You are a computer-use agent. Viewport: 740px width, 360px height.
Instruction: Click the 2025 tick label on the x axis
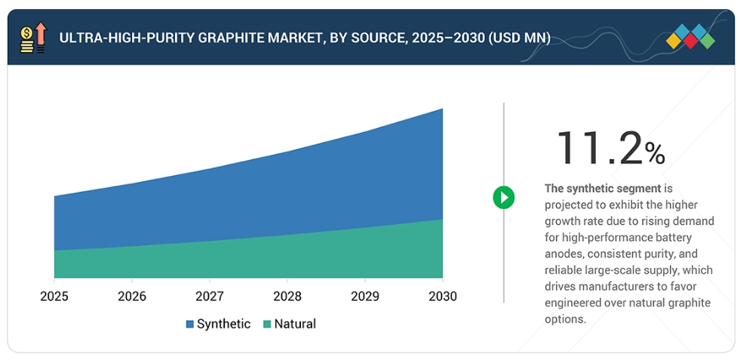[x=54, y=297]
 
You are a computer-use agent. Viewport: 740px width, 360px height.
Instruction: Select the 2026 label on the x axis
[x=131, y=297]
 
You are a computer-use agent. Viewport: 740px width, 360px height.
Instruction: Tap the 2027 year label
[x=209, y=297]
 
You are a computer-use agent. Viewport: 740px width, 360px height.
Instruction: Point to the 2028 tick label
[x=287, y=297]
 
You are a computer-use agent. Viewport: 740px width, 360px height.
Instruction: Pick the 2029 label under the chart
[x=365, y=297]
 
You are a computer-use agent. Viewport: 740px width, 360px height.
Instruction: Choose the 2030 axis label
[x=443, y=297]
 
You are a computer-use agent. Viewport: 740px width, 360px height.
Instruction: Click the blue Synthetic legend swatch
[x=190, y=325]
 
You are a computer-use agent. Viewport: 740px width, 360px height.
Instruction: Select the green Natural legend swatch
[x=267, y=325]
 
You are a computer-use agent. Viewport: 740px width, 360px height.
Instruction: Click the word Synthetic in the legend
[x=223, y=325]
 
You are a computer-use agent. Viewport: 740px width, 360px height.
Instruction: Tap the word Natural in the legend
[x=295, y=325]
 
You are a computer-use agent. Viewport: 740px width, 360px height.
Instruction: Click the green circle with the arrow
[x=503, y=198]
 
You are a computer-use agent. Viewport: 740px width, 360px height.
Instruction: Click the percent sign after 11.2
[x=655, y=154]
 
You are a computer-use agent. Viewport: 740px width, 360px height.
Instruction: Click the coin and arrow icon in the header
[x=33, y=38]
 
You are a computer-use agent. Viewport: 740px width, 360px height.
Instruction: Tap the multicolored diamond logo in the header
[x=691, y=37]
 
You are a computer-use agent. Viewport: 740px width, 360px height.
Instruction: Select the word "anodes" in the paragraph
[x=563, y=254]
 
